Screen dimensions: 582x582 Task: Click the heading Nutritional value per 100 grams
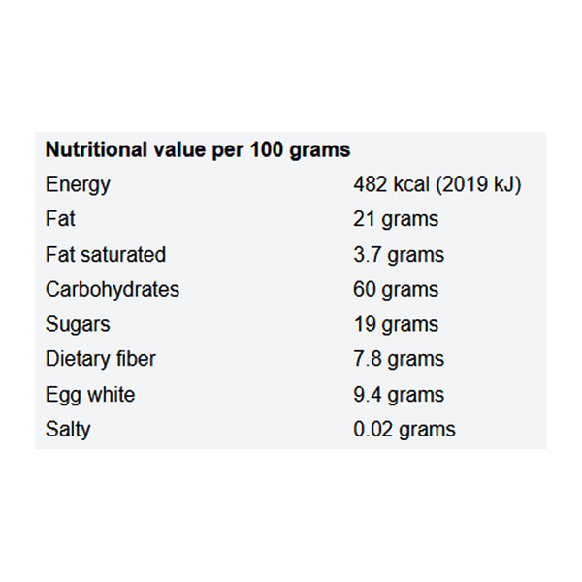[198, 150]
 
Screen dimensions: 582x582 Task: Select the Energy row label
[78, 184]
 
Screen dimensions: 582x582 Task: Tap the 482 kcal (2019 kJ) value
[437, 184]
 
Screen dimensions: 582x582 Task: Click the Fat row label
[60, 219]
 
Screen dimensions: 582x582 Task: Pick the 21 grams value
[396, 219]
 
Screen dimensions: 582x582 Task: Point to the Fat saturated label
[106, 254]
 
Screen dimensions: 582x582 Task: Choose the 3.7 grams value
[399, 254]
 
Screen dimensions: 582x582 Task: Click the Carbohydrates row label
[113, 289]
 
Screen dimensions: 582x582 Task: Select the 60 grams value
[396, 289]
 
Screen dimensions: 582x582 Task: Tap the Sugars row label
[78, 324]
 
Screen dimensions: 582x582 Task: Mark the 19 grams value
[396, 324]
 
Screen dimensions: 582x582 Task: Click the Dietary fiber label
[101, 359]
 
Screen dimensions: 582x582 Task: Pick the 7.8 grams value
[399, 359]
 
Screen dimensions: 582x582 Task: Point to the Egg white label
[90, 395]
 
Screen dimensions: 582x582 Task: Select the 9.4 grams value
[399, 395]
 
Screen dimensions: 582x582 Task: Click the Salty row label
[68, 430]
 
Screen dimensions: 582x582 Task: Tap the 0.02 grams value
[404, 430]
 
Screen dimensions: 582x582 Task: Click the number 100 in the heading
[269, 150]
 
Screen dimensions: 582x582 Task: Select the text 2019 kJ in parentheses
[481, 184]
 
